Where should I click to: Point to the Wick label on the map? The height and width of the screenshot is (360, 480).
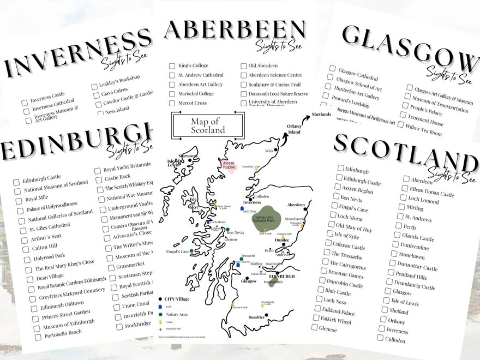tap(269, 151)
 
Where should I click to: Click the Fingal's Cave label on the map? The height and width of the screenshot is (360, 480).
tap(178, 251)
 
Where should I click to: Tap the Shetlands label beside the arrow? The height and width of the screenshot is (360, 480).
tap(322, 115)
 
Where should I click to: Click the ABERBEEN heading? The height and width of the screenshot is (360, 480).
tap(235, 30)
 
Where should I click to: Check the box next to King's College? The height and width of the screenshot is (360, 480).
tap(172, 66)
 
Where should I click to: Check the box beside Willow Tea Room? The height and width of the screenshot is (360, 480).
tap(401, 126)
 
